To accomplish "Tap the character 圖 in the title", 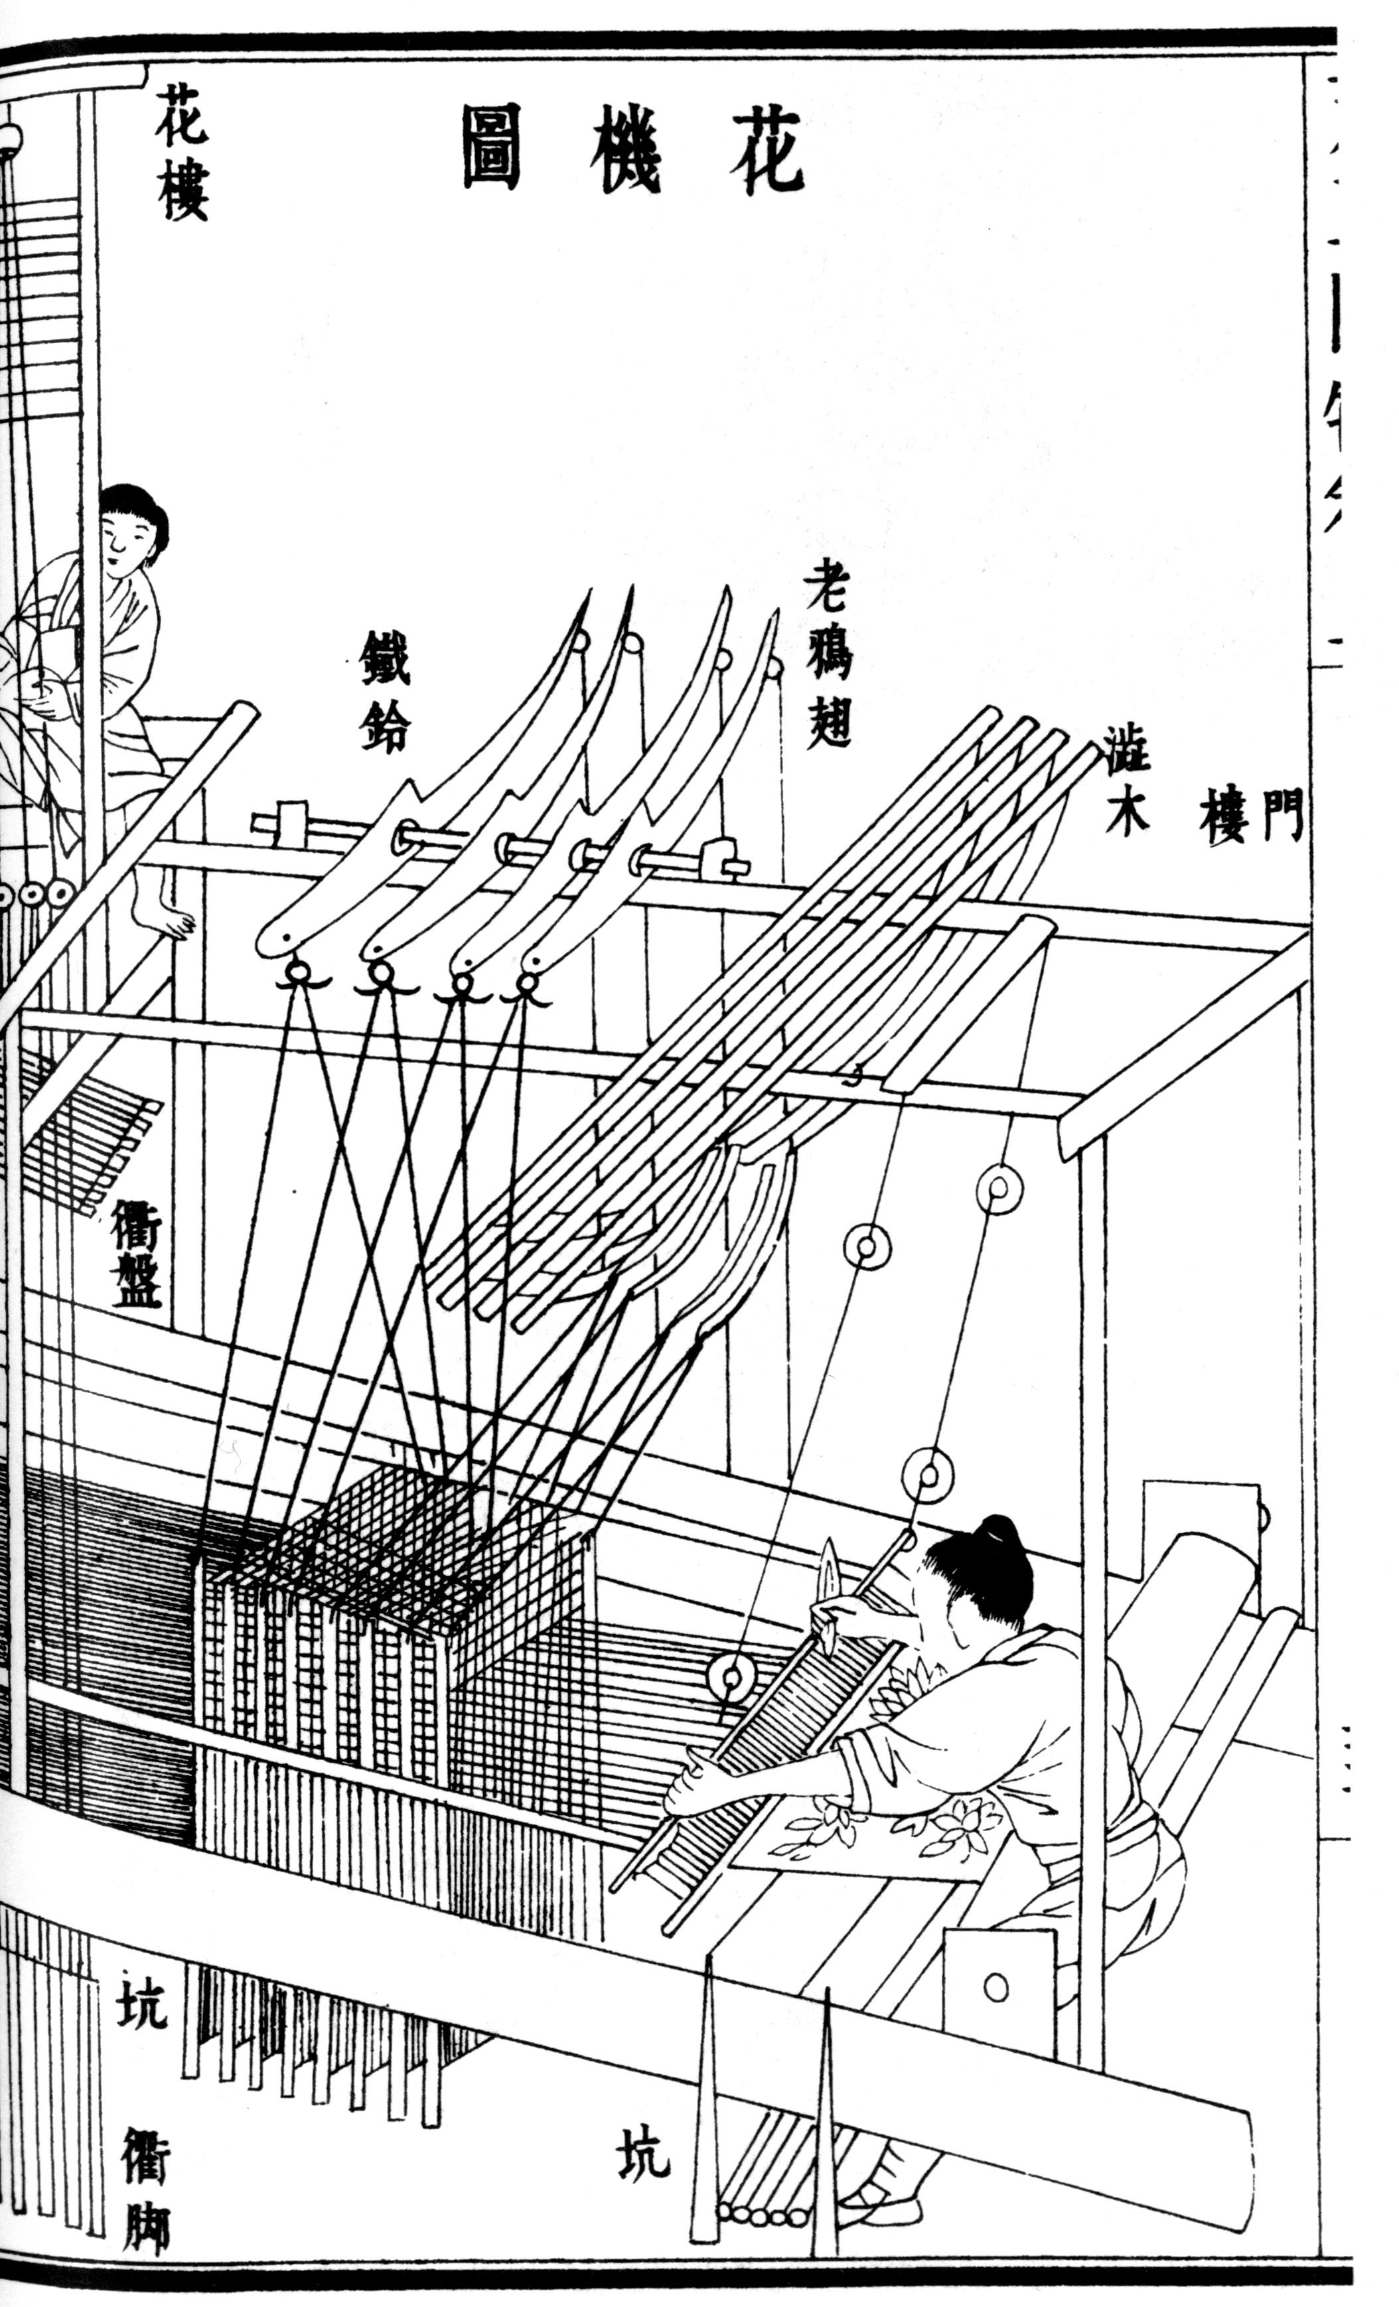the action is coord(490,149).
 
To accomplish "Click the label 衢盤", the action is coord(137,1253).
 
